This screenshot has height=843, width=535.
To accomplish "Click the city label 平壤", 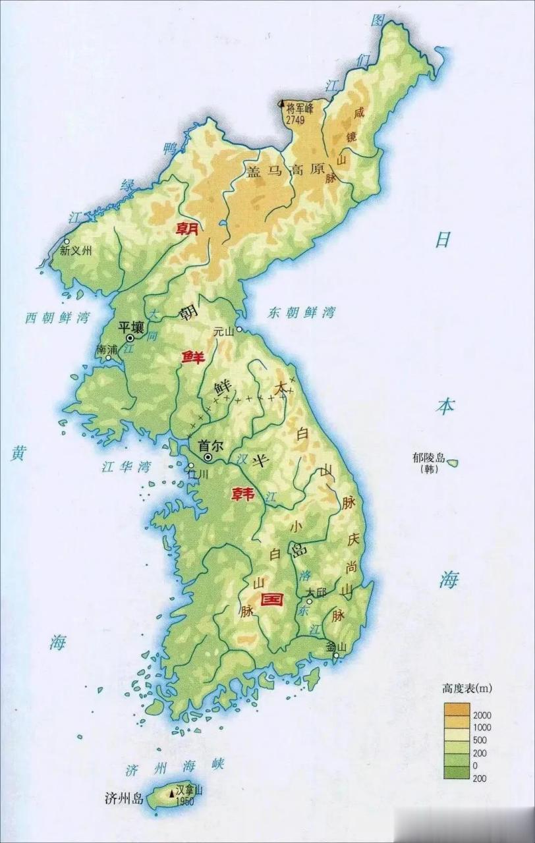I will (x=130, y=327).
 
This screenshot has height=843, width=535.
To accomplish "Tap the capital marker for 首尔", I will (x=208, y=457).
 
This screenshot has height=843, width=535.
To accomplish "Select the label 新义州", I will (x=76, y=251).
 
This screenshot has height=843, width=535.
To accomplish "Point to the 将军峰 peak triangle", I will (x=282, y=103).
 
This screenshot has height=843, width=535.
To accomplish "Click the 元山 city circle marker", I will (x=240, y=329).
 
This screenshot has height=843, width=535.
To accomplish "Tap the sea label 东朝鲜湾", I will (x=300, y=313).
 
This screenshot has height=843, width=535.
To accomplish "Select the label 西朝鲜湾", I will (x=57, y=317).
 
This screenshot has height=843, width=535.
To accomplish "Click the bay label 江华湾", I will (x=126, y=468).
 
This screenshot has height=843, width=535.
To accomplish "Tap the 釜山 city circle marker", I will (x=336, y=655).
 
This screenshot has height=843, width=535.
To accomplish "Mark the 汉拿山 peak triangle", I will (x=172, y=793).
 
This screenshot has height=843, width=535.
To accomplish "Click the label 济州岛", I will (x=123, y=799).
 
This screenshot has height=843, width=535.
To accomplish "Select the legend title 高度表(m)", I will (x=467, y=689).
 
